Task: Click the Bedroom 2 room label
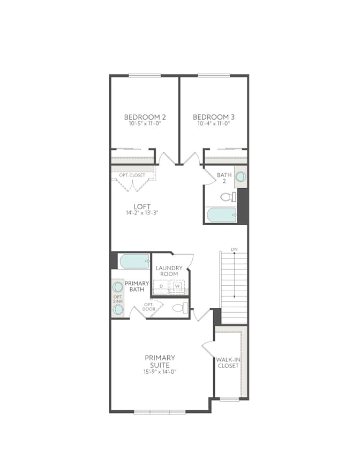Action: (x=145, y=117)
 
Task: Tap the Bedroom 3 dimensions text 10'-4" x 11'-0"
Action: (x=214, y=123)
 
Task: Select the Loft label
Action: (x=142, y=206)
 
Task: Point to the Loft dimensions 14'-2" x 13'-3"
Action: (x=142, y=213)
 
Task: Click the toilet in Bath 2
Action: (x=228, y=197)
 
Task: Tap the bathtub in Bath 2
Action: (x=222, y=215)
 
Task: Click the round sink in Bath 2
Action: (x=241, y=176)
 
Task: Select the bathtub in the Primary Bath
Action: (x=134, y=262)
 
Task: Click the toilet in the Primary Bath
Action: (x=181, y=308)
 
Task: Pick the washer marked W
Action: (x=177, y=286)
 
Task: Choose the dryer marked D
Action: (x=161, y=286)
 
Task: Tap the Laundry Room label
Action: (x=169, y=271)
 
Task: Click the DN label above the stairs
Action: (x=234, y=249)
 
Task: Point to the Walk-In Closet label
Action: (x=228, y=363)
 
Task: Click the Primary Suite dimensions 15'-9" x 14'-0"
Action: (x=160, y=372)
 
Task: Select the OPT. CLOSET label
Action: (x=132, y=175)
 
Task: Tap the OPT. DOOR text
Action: (x=149, y=307)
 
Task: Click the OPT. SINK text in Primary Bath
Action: (x=118, y=299)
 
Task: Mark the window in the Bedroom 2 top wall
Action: (x=145, y=76)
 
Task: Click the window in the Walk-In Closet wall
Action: (x=229, y=399)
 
